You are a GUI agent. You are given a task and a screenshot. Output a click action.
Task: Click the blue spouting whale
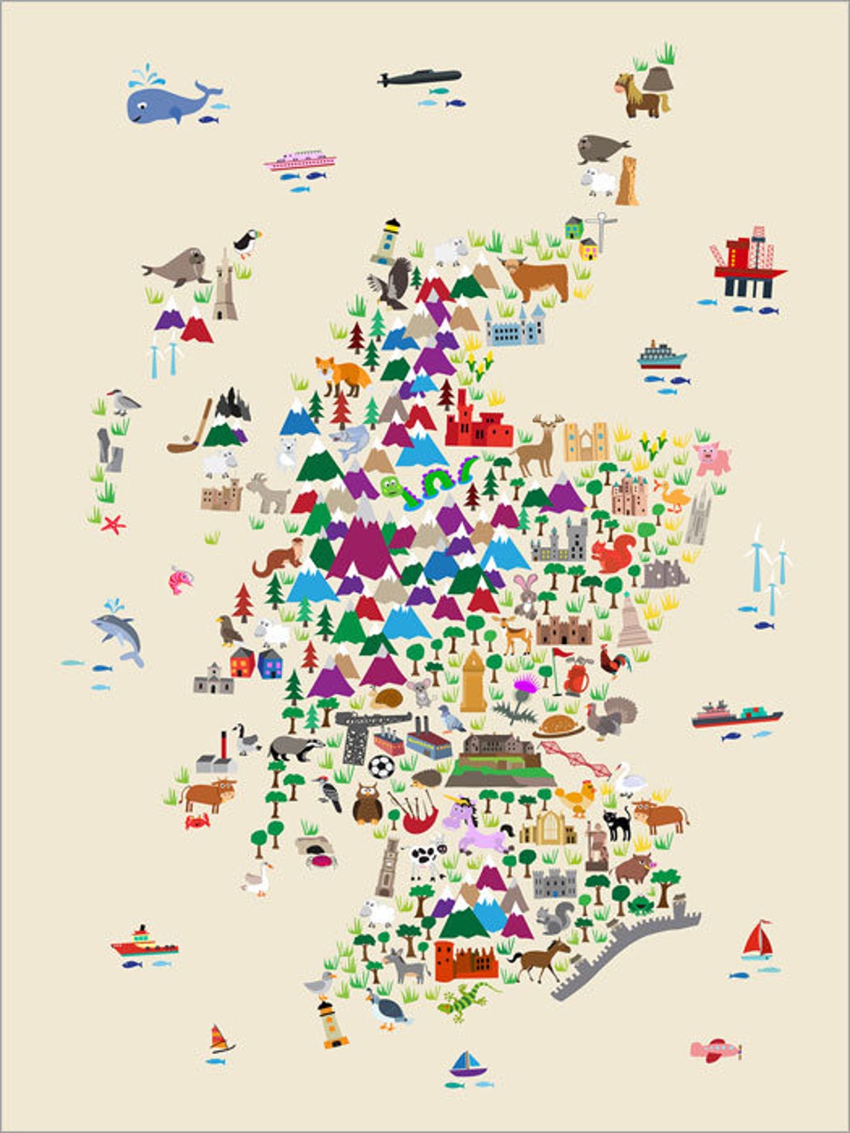pos(168,101)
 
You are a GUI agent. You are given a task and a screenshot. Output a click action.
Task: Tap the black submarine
pos(420,78)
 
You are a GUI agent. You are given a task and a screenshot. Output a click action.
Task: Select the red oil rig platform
pos(749,265)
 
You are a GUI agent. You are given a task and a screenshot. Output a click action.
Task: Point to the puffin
pos(246,242)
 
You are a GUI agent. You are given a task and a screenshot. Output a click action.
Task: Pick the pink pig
pos(711,458)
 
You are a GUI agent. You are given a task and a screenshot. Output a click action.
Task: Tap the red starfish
pos(113,524)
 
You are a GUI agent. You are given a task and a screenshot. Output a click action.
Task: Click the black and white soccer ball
pos(381,766)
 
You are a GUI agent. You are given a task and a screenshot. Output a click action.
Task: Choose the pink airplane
pos(714,1050)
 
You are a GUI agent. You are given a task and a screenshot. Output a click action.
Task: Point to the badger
pos(295,746)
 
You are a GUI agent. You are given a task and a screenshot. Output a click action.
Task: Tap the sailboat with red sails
pos(758,941)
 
